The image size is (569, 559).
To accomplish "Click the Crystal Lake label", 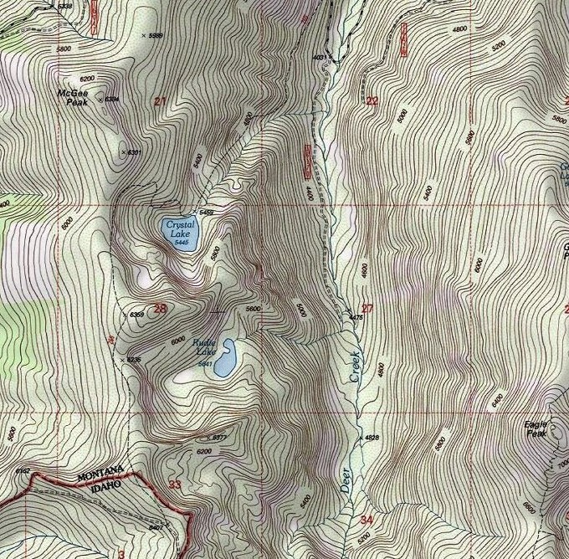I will [179, 228].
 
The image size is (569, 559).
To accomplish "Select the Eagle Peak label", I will [536, 428].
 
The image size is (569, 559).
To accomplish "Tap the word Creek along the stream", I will [355, 367].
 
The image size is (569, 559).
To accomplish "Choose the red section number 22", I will [372, 101].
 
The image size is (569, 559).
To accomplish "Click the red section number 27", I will [367, 308].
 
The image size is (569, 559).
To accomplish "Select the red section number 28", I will [160, 309].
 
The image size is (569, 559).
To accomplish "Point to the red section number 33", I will [174, 485].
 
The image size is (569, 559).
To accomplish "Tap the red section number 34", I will [366, 520].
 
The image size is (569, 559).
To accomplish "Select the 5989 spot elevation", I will [154, 35].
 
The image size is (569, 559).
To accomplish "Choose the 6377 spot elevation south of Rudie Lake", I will [218, 437].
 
